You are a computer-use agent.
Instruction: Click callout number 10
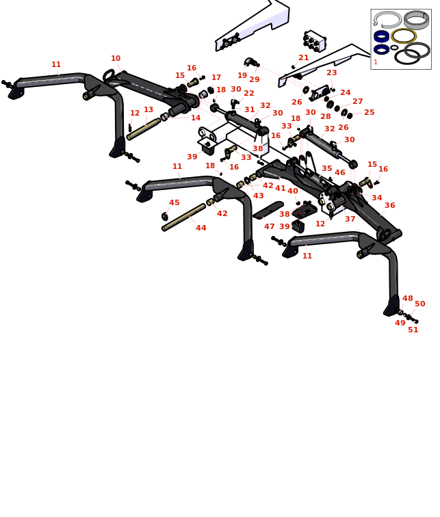point(116,59)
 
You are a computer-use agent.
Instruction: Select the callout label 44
point(200,228)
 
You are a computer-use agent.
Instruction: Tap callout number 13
point(148,110)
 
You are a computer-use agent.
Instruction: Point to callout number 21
point(304,58)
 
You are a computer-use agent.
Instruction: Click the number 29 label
point(255,80)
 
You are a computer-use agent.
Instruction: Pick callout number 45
point(174,203)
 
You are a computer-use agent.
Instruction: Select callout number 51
point(413,330)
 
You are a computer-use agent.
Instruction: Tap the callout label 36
point(389,206)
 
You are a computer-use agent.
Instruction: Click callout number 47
point(270,227)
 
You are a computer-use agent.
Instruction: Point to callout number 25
point(370,113)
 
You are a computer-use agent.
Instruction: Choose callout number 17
point(216,78)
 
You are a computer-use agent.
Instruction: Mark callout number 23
point(332,73)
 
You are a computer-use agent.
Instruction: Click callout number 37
point(350,220)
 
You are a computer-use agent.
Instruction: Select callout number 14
point(196,118)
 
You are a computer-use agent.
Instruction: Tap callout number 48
point(408,299)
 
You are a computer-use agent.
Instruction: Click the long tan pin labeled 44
point(183,217)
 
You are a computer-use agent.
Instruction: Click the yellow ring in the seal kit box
point(404,36)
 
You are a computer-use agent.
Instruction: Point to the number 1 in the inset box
point(376,62)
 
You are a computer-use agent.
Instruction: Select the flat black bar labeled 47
point(268,210)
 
